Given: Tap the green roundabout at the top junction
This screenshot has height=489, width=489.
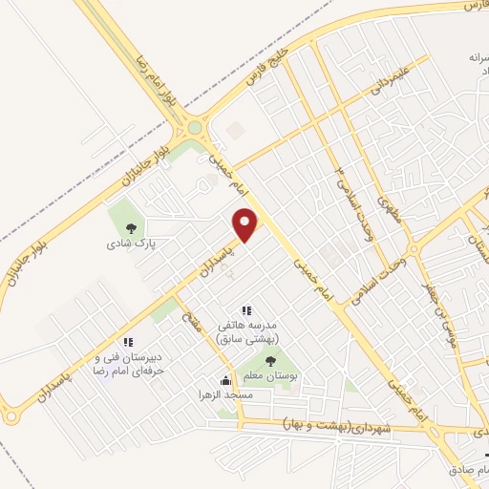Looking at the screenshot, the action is tap(195, 127).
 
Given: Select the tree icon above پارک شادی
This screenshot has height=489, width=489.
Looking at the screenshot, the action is tap(131, 227).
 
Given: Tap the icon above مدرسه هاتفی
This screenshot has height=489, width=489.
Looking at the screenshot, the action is tap(246, 309).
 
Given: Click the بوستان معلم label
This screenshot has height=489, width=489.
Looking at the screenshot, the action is tap(271, 376).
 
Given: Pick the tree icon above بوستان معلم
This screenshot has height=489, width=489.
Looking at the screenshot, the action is tap(271, 361).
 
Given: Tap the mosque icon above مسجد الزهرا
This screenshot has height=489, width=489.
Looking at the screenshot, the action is tap(225, 380).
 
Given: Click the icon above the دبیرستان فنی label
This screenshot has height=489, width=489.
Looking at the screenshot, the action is tap(127, 343).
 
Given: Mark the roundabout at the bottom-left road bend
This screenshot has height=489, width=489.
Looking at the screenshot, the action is tap(11, 416).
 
